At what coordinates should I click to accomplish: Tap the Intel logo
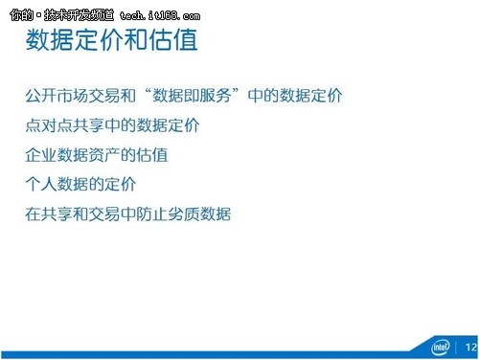coord(440,346)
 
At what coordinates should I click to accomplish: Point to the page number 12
coord(468,347)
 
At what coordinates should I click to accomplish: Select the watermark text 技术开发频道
coord(75,14)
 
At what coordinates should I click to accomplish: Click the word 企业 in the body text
coord(41,153)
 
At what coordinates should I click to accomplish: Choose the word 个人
coord(41,183)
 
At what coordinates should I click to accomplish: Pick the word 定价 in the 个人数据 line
coord(119,183)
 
